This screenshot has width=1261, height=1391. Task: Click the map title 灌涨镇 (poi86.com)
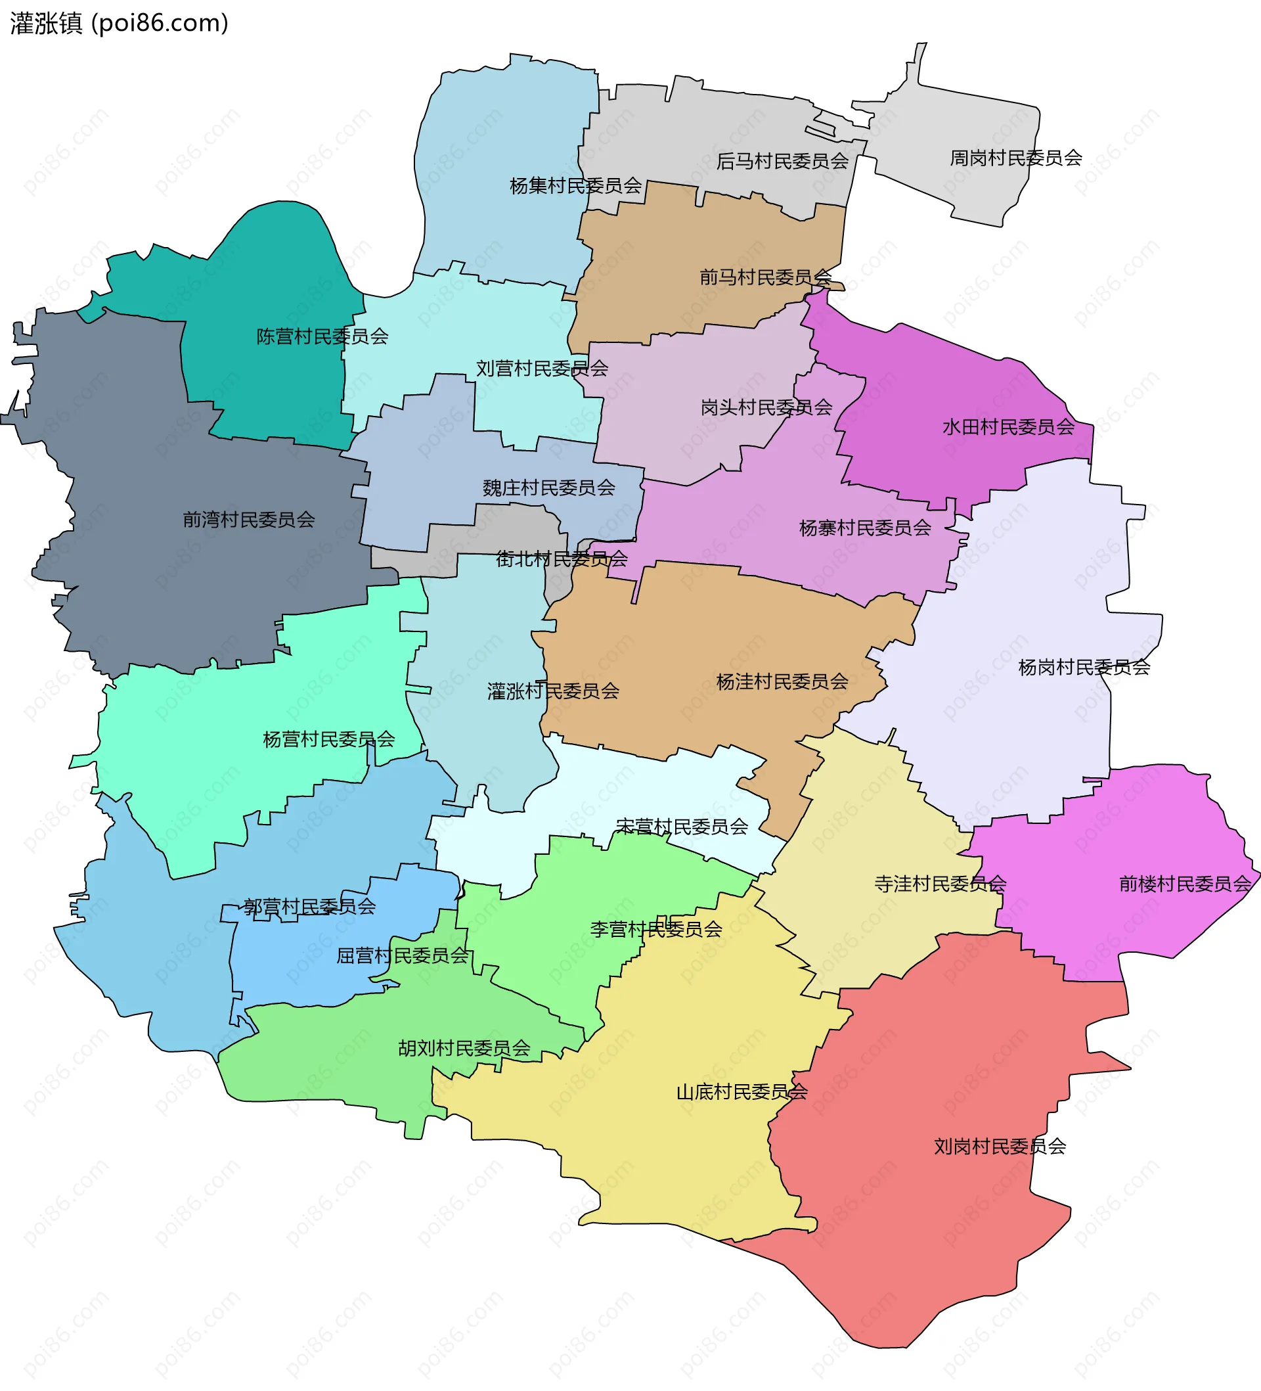[x=119, y=24]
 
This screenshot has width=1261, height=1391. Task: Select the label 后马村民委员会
[x=782, y=162]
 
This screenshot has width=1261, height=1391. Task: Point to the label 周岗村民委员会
[x=1015, y=158]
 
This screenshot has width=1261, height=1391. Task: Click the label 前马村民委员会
[x=766, y=277]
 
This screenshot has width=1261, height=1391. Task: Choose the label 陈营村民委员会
[x=322, y=336]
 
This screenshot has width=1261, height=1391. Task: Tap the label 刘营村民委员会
[x=542, y=369]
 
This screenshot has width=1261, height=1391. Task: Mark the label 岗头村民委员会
[x=766, y=408]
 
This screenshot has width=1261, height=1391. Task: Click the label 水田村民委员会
[x=1008, y=427]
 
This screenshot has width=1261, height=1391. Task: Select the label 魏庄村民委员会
[x=548, y=488]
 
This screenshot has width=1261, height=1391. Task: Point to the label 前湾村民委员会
[x=248, y=520]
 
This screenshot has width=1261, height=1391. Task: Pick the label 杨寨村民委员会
[x=865, y=528]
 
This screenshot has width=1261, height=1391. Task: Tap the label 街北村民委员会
[x=562, y=559]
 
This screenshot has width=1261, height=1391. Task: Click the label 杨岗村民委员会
[x=1084, y=667]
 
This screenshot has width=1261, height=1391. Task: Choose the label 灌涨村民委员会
[x=552, y=691]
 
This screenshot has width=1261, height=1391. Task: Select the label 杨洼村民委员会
[x=782, y=681]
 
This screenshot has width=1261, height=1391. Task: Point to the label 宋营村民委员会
[x=682, y=827]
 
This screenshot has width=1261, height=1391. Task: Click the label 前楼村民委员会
[x=1184, y=884]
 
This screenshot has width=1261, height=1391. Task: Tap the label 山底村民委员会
[x=741, y=1092]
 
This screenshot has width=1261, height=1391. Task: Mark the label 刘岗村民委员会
[x=1000, y=1147]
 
